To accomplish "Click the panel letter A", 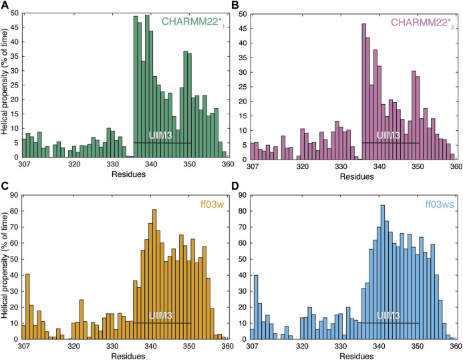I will (6, 6).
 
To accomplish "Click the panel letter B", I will (236, 6).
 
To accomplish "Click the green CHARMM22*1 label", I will (192, 21).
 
